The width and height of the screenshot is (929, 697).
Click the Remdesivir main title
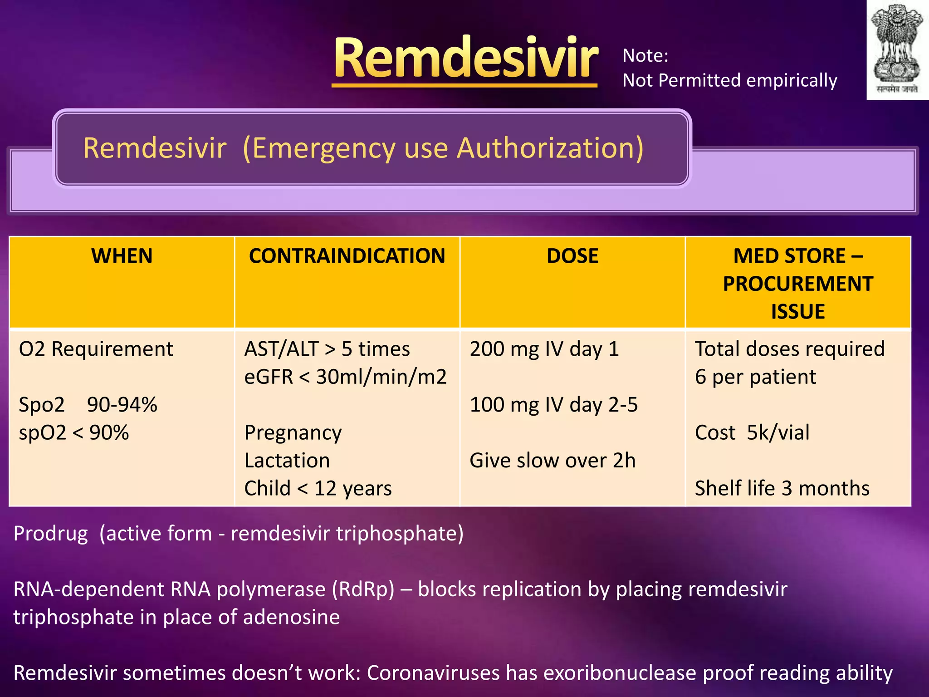(465, 58)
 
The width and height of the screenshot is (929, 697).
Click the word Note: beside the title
(645, 56)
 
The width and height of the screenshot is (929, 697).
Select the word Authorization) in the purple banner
(550, 148)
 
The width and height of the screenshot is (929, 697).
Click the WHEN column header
(122, 256)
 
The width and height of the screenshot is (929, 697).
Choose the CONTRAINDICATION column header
(347, 256)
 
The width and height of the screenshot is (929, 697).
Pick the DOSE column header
(572, 256)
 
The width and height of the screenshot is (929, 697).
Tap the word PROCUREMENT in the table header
(797, 284)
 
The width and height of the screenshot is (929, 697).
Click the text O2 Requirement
(96, 349)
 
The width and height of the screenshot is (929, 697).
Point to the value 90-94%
(122, 405)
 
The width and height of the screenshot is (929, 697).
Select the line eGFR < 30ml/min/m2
(345, 377)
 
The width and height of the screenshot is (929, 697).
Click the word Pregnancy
(293, 433)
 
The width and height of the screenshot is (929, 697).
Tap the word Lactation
(287, 461)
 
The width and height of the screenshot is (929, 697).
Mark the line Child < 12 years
(318, 489)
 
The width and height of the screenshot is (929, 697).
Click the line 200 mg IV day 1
(544, 349)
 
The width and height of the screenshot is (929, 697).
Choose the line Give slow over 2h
(552, 461)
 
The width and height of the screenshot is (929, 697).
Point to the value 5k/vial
(778, 433)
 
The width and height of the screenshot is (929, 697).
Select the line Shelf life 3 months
(782, 489)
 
